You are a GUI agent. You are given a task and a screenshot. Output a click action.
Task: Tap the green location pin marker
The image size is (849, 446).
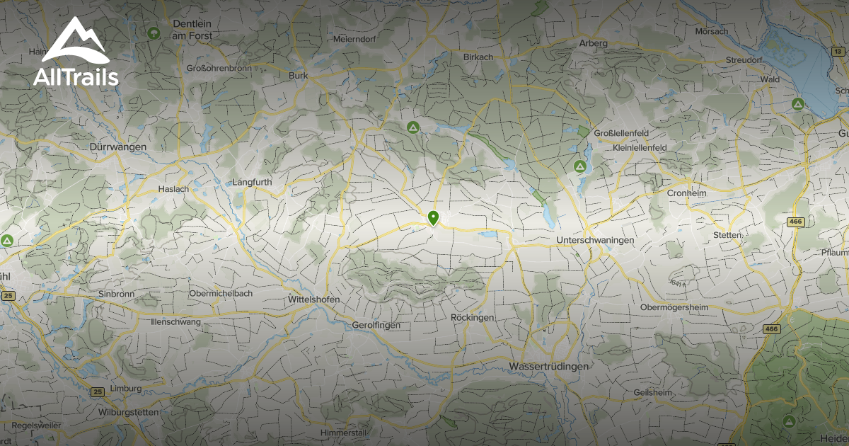433,217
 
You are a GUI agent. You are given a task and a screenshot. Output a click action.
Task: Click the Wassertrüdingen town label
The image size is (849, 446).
548,366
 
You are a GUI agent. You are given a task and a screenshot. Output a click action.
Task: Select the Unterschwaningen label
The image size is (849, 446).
596,241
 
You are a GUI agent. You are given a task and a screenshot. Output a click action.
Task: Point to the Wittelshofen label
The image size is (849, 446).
314,299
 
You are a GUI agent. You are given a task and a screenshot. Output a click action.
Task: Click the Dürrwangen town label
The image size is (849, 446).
118,147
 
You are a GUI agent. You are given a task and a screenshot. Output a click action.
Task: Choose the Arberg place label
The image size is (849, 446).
594,43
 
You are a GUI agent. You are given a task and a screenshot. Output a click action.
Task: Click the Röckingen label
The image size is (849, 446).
472,318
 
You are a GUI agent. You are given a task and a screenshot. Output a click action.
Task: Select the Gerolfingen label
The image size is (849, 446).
376,325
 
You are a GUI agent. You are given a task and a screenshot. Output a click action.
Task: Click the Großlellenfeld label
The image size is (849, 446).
620,132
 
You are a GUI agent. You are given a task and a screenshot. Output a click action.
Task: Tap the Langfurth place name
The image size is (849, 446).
252,182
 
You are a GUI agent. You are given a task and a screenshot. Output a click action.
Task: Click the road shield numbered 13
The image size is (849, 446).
838,51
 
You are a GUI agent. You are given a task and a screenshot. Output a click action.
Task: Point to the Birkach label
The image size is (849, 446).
478,57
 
